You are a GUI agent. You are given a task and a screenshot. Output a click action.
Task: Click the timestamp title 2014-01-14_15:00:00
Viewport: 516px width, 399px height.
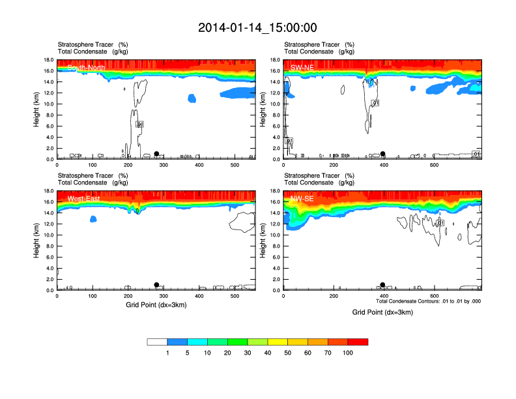tap(257, 27)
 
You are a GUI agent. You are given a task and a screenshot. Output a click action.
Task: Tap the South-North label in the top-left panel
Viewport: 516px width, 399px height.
tap(86, 67)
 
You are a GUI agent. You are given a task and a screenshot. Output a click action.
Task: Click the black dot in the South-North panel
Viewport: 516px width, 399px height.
tap(156, 154)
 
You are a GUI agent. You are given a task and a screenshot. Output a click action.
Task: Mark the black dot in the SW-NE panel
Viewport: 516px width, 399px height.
tap(383, 154)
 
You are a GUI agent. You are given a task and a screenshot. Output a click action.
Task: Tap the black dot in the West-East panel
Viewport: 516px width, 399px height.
tap(156, 285)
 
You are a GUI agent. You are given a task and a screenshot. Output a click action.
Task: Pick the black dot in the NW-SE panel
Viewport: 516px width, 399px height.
tap(383, 285)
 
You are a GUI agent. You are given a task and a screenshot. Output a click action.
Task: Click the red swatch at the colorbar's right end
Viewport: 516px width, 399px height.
tap(358, 342)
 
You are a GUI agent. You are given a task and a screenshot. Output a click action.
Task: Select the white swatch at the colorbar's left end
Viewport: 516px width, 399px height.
tap(157, 342)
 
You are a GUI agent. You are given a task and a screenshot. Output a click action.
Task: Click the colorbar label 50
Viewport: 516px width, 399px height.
tap(288, 353)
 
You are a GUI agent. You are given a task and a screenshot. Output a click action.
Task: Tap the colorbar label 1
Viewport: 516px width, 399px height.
tap(167, 353)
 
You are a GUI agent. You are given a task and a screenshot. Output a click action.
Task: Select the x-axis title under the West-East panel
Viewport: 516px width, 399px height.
tap(155, 304)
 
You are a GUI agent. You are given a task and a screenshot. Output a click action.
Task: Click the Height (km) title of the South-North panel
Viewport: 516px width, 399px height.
tap(37, 109)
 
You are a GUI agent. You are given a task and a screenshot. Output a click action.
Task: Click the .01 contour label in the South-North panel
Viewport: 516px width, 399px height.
tap(139, 124)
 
